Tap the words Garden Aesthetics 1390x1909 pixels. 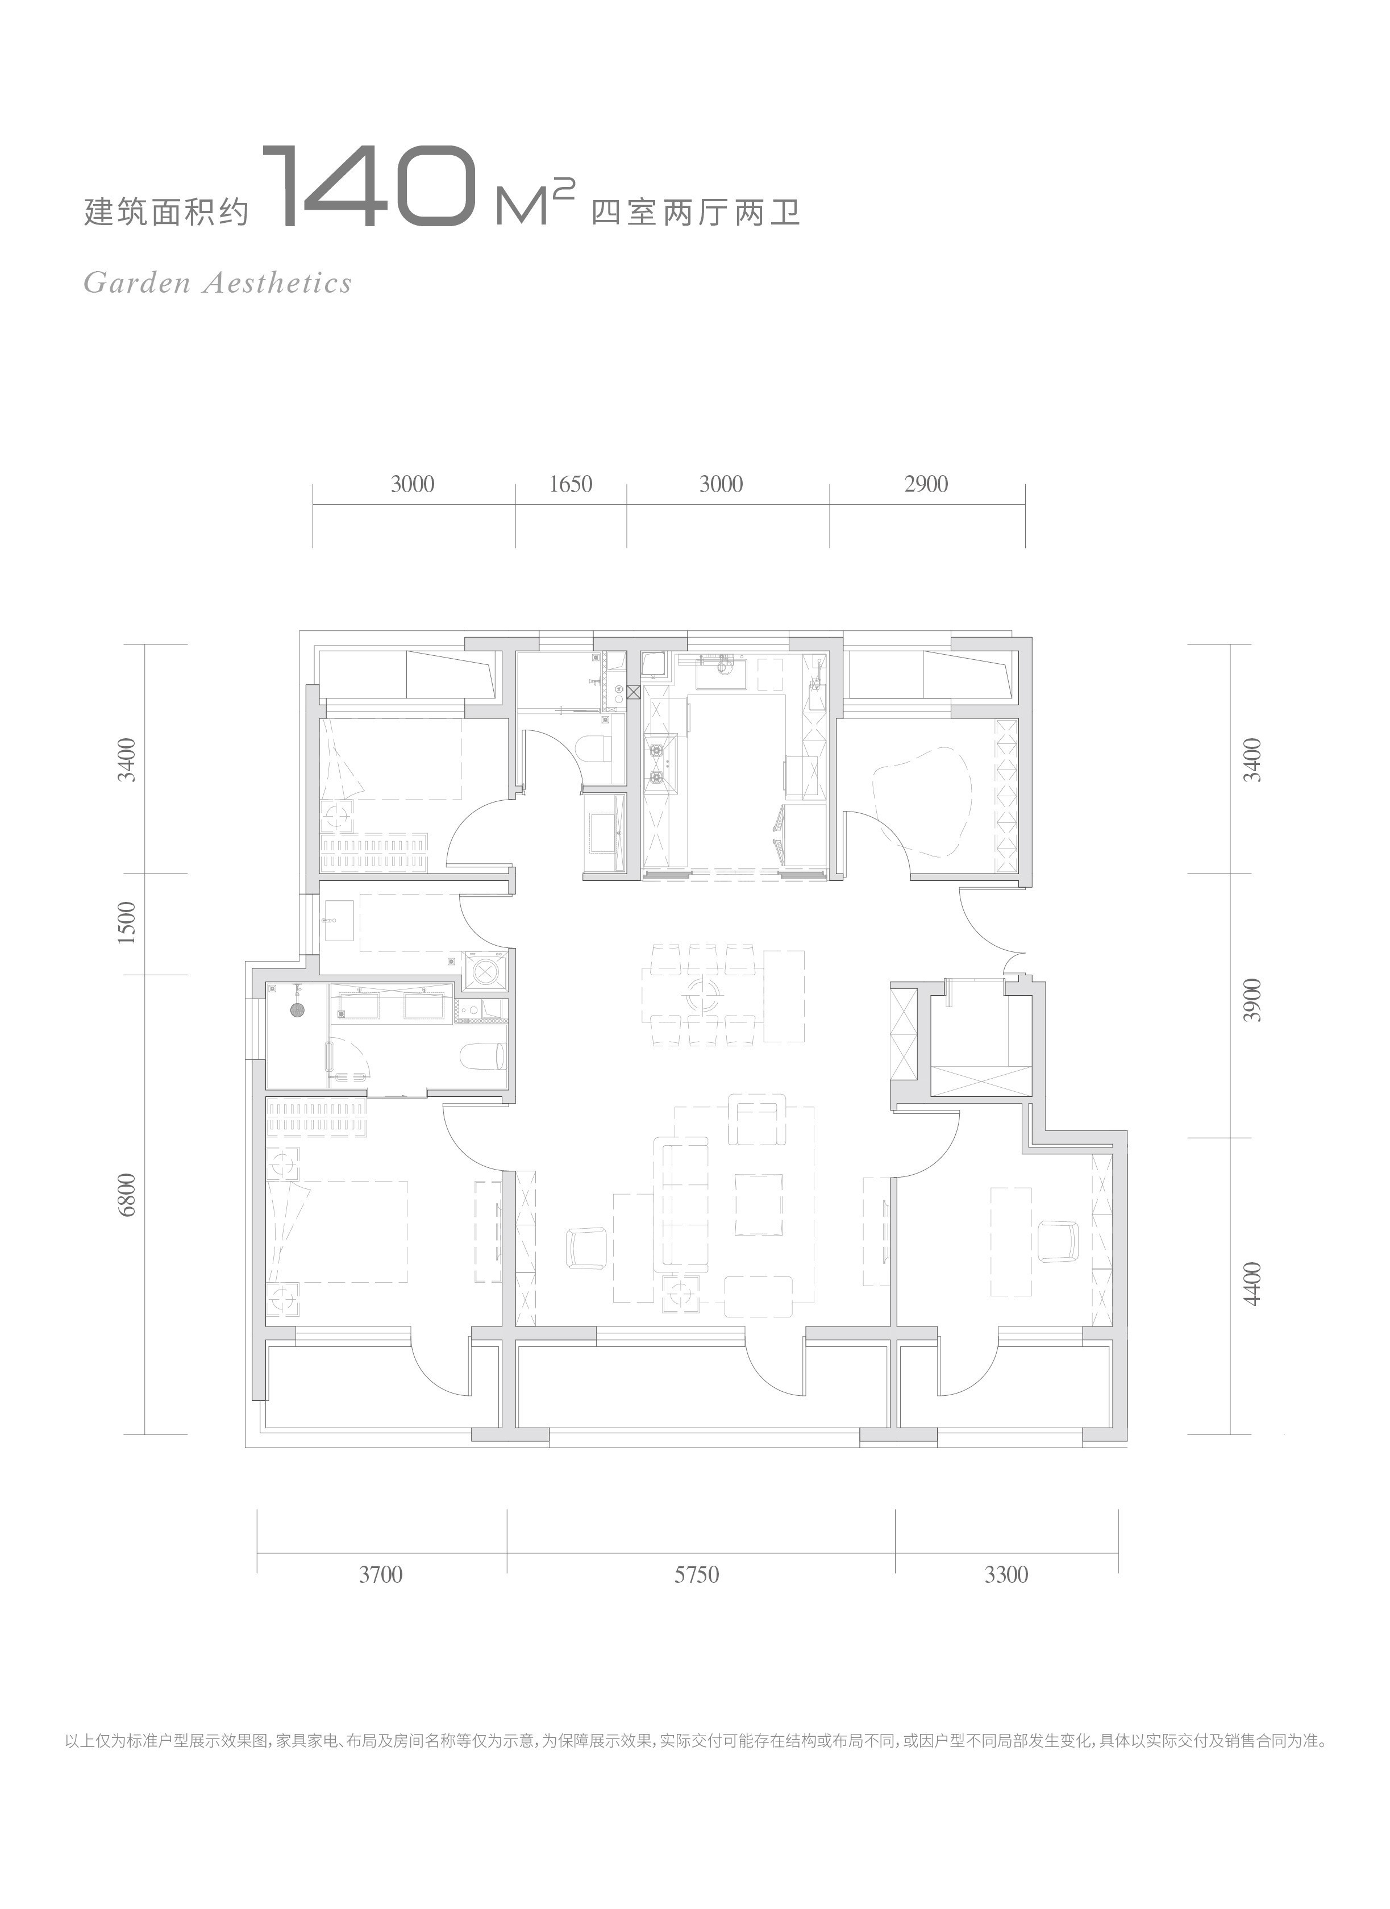click(218, 283)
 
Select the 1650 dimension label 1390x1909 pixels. click(571, 484)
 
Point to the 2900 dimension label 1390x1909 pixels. click(926, 484)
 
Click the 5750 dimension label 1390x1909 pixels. click(697, 1574)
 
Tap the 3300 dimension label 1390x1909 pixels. click(1006, 1574)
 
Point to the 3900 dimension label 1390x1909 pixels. click(1254, 1000)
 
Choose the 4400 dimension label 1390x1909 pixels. click(1254, 1284)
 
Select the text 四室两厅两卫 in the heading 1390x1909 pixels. click(695, 211)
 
